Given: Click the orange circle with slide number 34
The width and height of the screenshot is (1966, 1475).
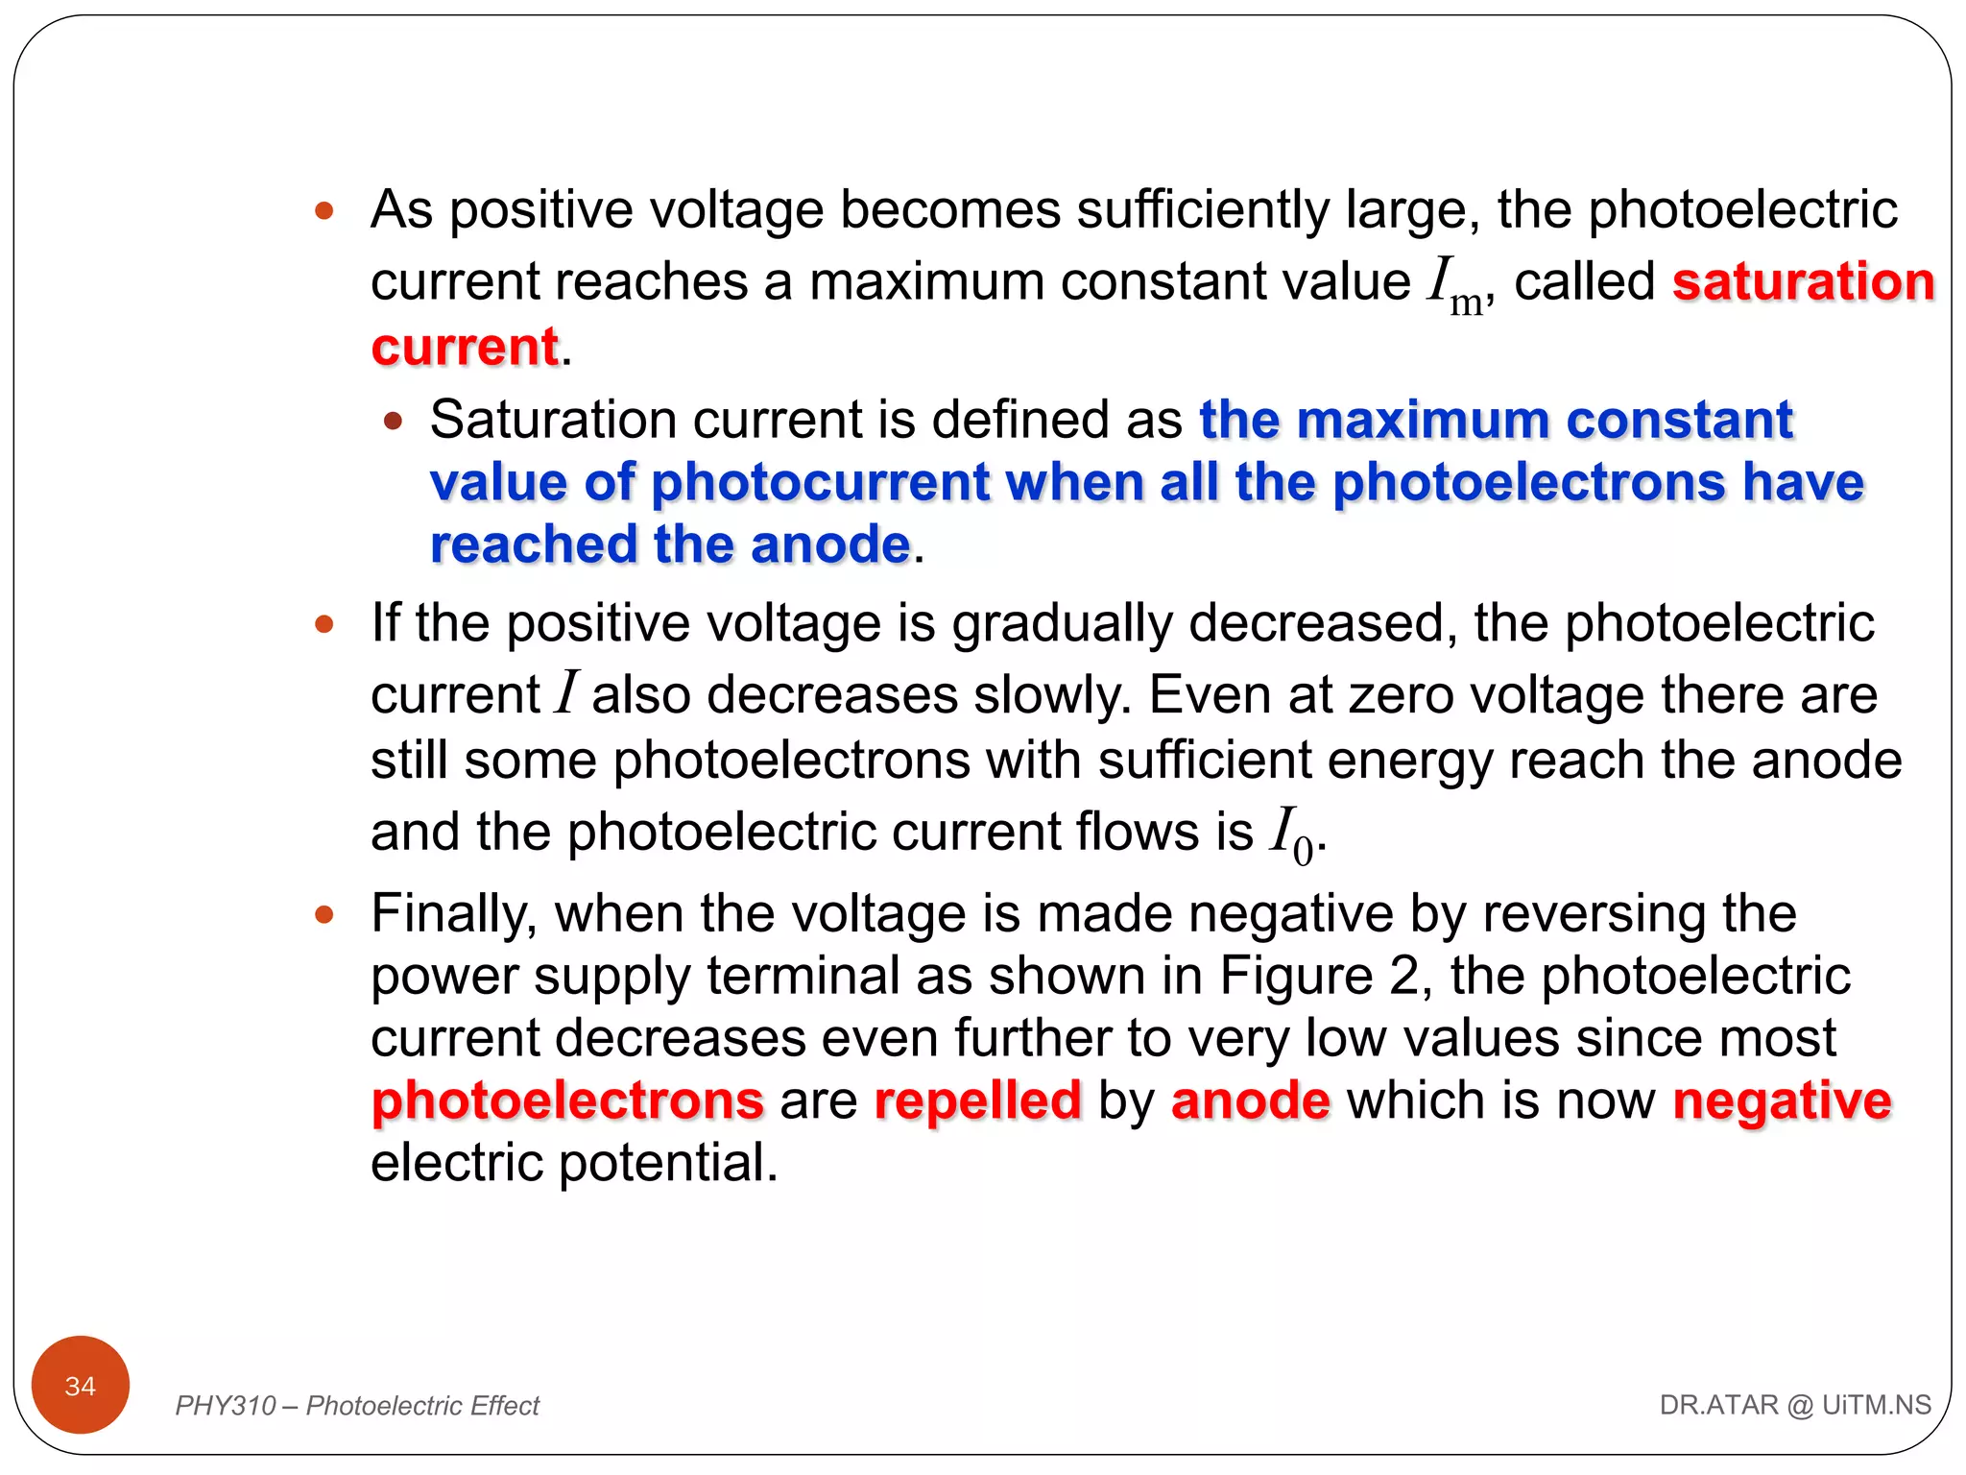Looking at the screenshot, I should click(x=81, y=1385).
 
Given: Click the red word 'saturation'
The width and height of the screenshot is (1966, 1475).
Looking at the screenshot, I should click(x=1803, y=281).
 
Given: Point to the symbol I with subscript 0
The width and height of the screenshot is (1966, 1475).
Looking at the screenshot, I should click(x=1292, y=834).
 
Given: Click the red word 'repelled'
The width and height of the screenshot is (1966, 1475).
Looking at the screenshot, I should click(x=977, y=1100).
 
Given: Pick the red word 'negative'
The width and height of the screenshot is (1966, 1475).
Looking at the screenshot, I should click(x=1782, y=1100).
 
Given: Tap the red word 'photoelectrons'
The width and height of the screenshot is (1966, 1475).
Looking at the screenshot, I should click(x=567, y=1100).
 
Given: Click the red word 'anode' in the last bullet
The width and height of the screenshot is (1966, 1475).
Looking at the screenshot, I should click(x=1250, y=1100).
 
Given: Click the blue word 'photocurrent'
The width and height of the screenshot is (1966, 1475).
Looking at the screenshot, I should click(x=820, y=482).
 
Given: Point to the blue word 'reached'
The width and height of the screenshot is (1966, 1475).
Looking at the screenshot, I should click(x=534, y=544).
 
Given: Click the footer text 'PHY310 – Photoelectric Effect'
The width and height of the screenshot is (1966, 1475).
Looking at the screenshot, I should click(x=357, y=1406).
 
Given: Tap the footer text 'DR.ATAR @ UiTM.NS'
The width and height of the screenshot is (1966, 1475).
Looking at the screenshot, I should click(x=1795, y=1405).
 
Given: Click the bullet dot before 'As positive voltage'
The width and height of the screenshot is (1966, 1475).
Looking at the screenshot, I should click(x=324, y=210).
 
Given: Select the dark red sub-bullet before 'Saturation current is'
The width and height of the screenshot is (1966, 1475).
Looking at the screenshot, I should click(x=393, y=421).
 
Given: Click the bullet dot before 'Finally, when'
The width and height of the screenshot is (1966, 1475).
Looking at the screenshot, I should click(x=324, y=913).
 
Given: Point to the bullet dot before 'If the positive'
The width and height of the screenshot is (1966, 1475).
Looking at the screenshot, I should click(x=324, y=624).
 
